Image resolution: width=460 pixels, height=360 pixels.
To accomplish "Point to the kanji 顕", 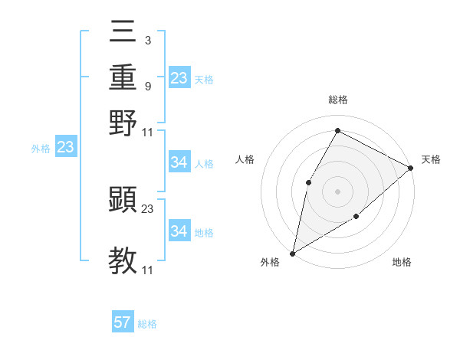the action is click(123, 199).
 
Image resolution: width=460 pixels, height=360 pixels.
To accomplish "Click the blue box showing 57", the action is click(123, 322).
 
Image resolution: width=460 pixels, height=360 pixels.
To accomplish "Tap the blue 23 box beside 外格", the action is click(65, 148).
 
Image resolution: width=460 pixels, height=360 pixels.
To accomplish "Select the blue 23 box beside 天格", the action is click(179, 78).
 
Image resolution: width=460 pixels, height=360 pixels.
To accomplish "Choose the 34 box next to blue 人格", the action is click(179, 162).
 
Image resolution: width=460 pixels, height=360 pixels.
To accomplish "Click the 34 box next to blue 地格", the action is click(179, 231).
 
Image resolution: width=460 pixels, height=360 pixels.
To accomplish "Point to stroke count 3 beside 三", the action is click(147, 39).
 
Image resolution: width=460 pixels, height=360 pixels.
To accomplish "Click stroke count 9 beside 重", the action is click(147, 86).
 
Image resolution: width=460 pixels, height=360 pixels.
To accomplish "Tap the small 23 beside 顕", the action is click(147, 208).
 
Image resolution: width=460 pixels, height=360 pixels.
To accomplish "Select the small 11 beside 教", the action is click(147, 270).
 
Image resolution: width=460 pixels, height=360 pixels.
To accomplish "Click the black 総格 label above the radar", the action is click(337, 100).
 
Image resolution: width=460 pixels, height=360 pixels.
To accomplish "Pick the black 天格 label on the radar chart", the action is click(431, 159).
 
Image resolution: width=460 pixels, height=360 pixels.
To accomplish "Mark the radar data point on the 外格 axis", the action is click(292, 253).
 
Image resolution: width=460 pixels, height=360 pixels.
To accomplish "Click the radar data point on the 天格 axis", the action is click(411, 168).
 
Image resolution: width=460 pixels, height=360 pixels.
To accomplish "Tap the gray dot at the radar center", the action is click(337, 191).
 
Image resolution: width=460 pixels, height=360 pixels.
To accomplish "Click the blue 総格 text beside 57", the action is click(147, 324).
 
